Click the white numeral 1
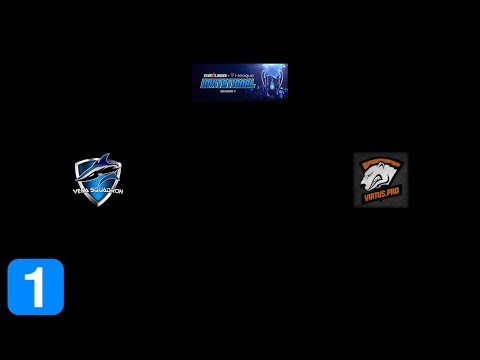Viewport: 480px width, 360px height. (x=36, y=286)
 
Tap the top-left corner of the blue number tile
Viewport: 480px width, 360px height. (x=10, y=261)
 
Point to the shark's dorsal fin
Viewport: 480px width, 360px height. (x=104, y=160)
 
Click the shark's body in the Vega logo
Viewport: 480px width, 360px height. (x=100, y=171)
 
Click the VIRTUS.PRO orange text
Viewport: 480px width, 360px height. (x=381, y=198)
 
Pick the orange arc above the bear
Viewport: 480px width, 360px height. (x=381, y=160)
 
